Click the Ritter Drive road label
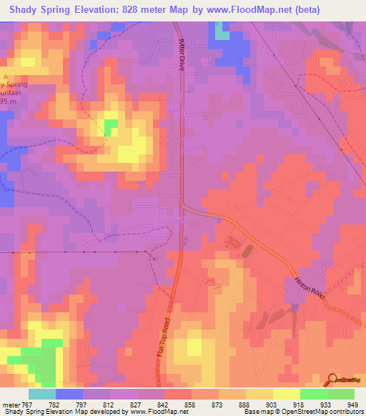[x=182, y=54]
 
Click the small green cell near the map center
[x=111, y=127]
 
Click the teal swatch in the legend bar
[x=42, y=394]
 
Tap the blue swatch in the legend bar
[x=69, y=394]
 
